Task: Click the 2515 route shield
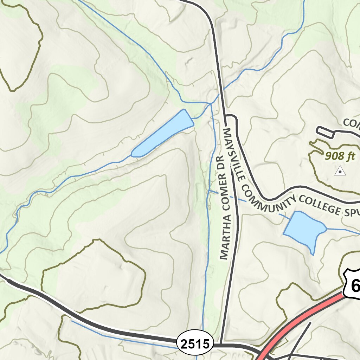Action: [x=196, y=342]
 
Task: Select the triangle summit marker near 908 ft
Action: [x=340, y=171]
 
